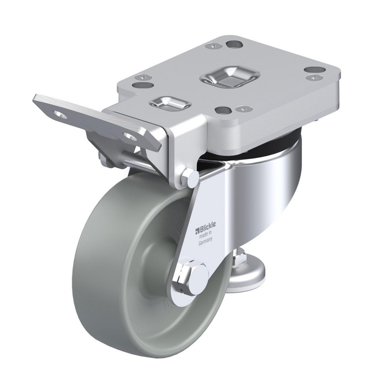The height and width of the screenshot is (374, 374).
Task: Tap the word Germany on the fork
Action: click(x=205, y=242)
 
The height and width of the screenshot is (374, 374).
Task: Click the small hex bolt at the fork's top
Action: click(x=190, y=179)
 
